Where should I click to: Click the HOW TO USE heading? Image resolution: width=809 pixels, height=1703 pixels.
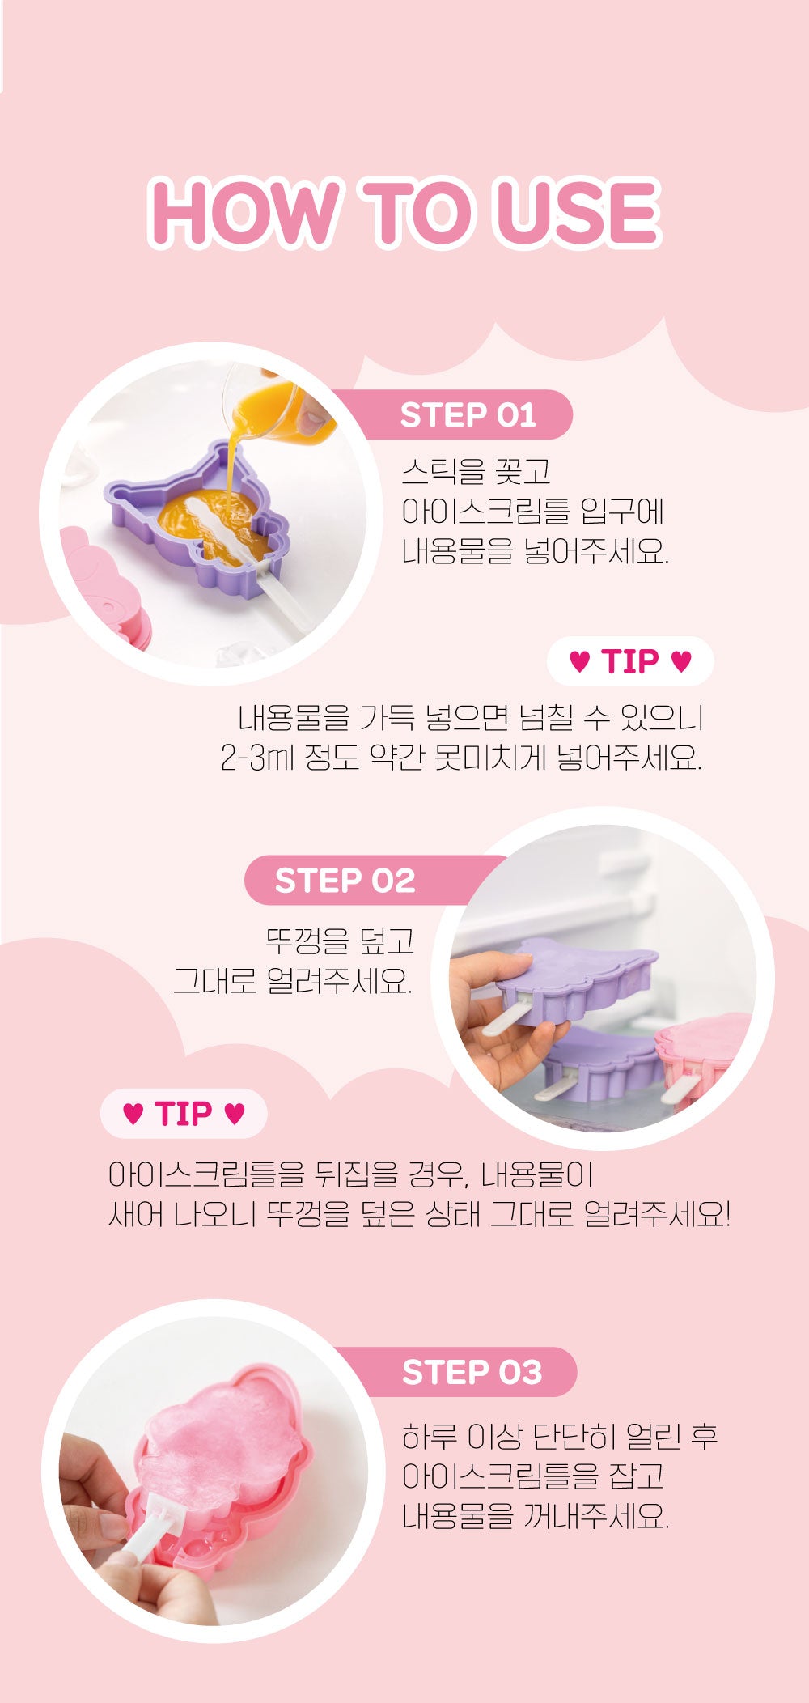(404, 213)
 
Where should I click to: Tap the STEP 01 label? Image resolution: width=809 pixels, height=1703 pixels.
(468, 415)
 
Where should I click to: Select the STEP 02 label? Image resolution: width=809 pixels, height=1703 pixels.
(345, 881)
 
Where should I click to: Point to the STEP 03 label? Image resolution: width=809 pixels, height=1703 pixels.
(472, 1372)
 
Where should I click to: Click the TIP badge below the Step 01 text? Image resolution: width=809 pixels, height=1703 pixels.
(630, 661)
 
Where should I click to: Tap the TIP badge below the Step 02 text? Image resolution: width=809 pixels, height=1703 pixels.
(184, 1114)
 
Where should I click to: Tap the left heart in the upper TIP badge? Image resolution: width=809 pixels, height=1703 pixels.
(580, 662)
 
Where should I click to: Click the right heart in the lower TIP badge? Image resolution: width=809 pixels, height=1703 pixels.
(234, 1115)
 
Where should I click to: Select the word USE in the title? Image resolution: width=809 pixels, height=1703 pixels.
(578, 213)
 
